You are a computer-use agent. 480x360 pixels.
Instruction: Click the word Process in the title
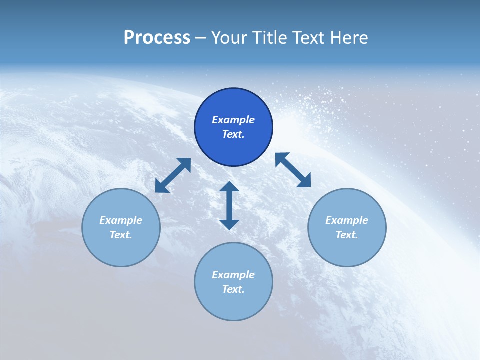[x=157, y=38]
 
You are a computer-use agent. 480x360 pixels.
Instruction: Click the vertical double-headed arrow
[x=229, y=205]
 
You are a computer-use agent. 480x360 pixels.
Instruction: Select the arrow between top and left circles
[x=173, y=175]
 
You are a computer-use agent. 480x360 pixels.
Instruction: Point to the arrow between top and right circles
[x=293, y=170]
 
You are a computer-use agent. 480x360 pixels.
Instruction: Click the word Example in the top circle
[x=233, y=120]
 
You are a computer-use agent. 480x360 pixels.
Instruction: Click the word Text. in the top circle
[x=233, y=134]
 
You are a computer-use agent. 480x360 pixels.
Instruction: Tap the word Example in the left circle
[x=121, y=220]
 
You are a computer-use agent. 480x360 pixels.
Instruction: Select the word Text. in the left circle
[x=121, y=235]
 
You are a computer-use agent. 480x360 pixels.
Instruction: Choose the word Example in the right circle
[x=347, y=220]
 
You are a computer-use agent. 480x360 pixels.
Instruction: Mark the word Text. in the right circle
[x=347, y=235]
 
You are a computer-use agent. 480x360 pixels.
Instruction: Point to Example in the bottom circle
[x=233, y=275]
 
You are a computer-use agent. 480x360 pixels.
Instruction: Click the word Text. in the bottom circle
[x=233, y=289]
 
